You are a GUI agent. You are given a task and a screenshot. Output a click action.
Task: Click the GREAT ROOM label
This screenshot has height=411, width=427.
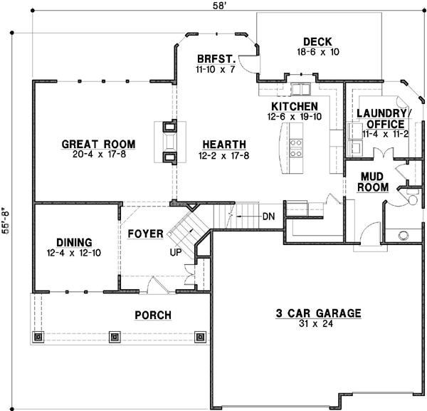click(x=98, y=144)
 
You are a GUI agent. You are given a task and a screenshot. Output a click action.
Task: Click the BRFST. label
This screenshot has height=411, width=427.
click(x=211, y=60)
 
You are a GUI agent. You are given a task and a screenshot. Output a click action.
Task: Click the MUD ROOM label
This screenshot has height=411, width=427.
click(x=374, y=182)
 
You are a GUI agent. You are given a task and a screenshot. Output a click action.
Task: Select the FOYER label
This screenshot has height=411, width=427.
click(x=145, y=234)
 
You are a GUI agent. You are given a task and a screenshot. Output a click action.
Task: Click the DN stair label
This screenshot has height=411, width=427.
click(x=268, y=216)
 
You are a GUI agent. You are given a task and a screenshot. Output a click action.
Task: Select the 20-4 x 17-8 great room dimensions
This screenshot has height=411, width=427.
click(x=98, y=155)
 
